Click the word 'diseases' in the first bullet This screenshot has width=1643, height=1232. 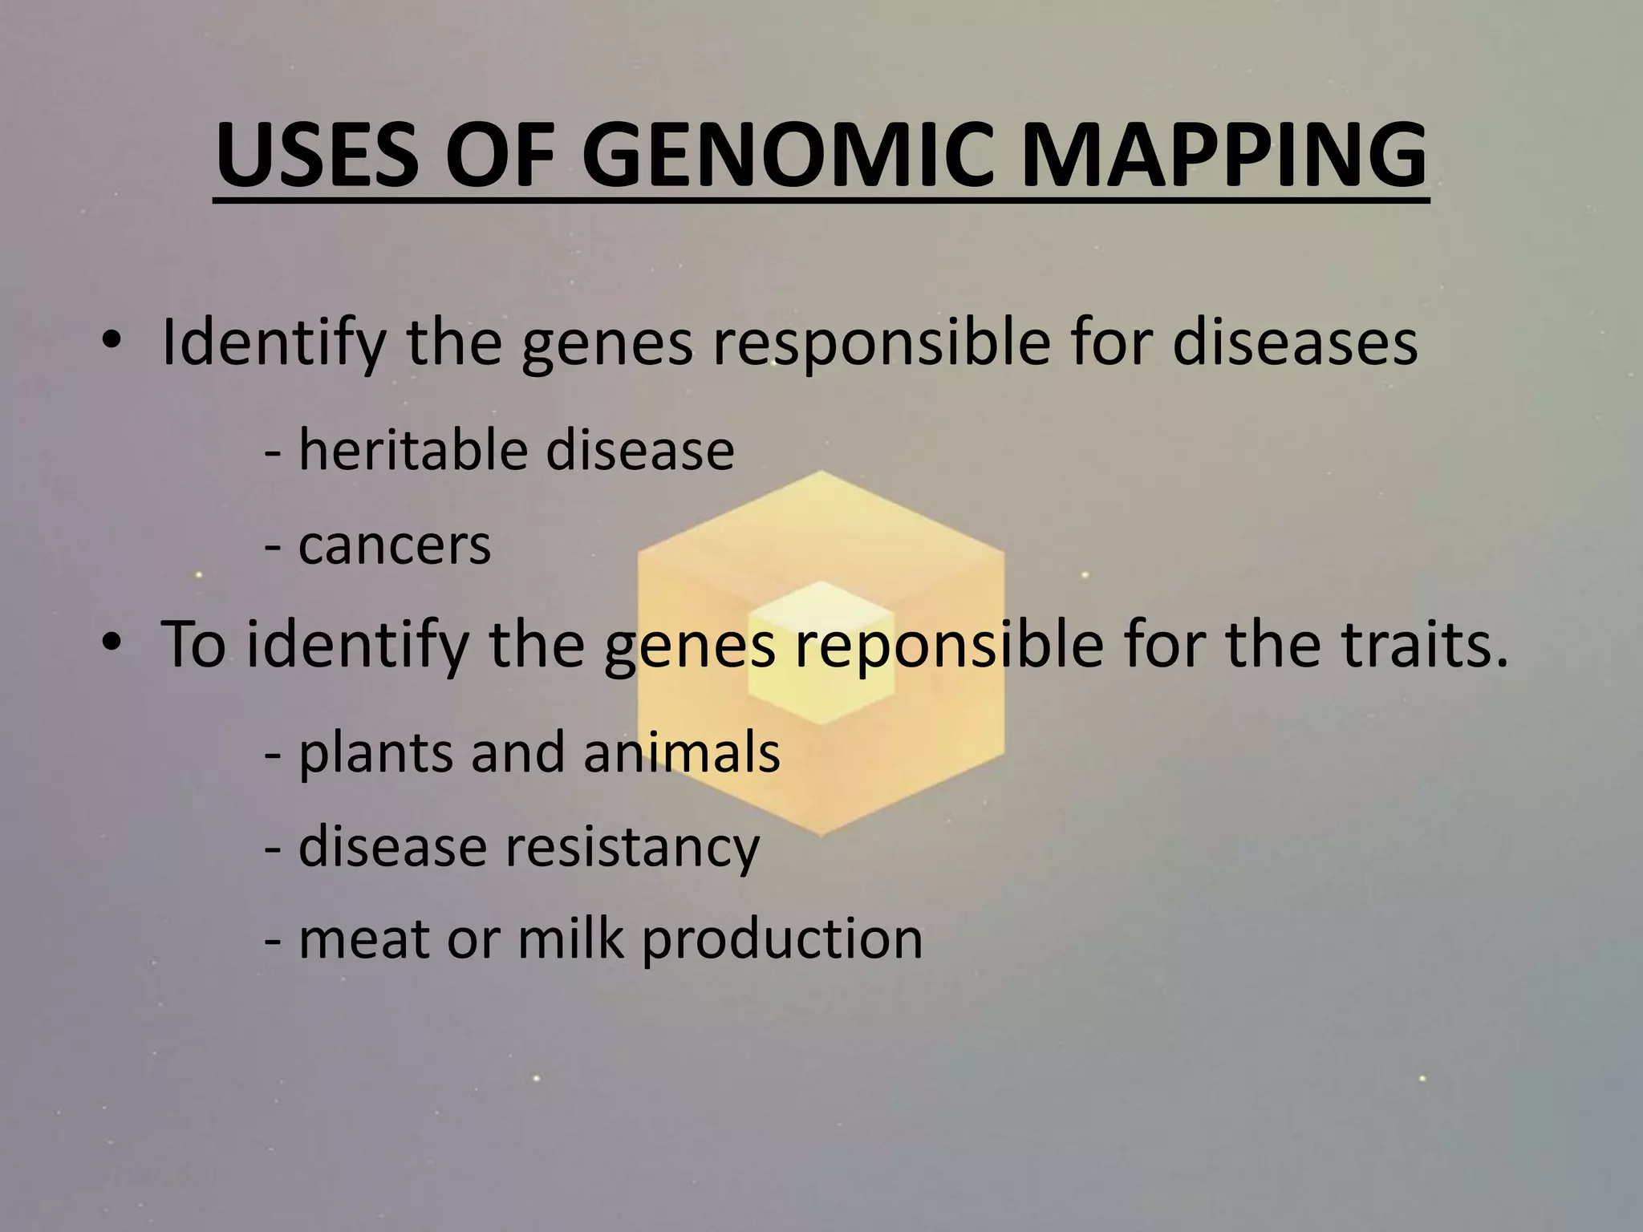(1295, 342)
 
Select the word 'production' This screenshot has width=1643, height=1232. (782, 940)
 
